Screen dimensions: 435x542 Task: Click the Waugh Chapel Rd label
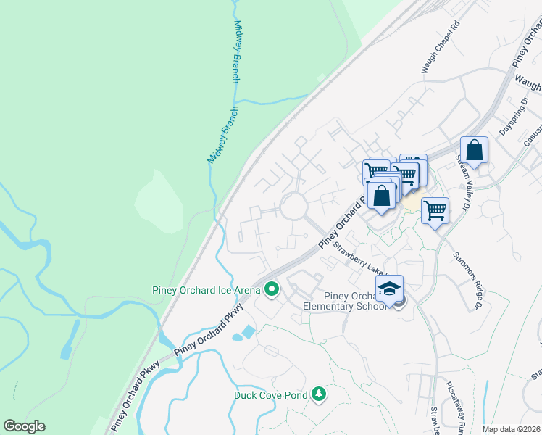pyautogui.click(x=441, y=46)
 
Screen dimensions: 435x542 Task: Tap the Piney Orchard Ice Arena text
pyautogui.click(x=206, y=290)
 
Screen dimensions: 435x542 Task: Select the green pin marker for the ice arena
pyautogui.click(x=272, y=290)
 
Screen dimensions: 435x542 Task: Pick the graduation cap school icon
pyautogui.click(x=389, y=289)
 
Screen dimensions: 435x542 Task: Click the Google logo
pyautogui.click(x=24, y=426)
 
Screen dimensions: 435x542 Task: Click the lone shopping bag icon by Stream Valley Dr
pyautogui.click(x=475, y=151)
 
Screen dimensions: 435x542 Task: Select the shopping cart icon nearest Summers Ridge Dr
pyautogui.click(x=435, y=211)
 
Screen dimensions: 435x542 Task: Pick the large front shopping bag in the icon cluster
pyautogui.click(x=381, y=196)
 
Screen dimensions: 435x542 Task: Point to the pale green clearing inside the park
pyautogui.click(x=157, y=204)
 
